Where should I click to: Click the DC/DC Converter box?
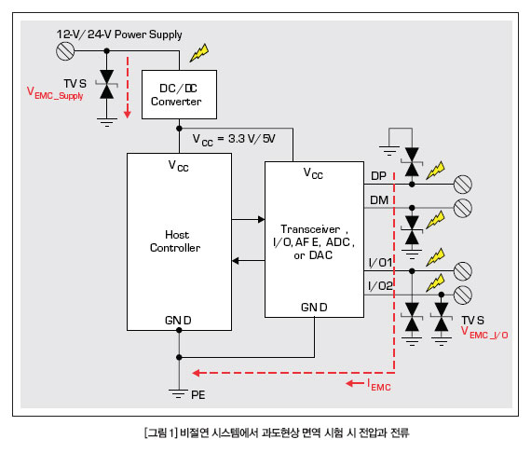[x=179, y=94]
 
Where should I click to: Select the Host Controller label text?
[x=175, y=241]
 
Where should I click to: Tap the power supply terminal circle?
[x=65, y=51]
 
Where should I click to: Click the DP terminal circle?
[x=463, y=185]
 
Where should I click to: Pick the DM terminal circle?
[x=463, y=208]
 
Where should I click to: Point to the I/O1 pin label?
[x=380, y=263]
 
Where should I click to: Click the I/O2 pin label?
[x=380, y=286]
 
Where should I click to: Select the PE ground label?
[x=198, y=395]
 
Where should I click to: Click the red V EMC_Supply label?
[x=55, y=93]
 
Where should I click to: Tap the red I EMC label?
[x=379, y=385]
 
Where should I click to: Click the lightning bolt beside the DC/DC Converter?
[x=199, y=53]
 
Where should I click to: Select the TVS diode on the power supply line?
[x=107, y=85]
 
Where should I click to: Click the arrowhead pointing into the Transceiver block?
[x=262, y=220]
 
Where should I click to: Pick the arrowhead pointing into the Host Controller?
[x=236, y=261]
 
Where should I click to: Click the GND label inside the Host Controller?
[x=178, y=321]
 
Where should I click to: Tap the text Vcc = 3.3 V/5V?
[x=234, y=139]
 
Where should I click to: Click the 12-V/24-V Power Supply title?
[x=119, y=34]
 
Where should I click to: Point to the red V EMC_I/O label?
[x=484, y=332]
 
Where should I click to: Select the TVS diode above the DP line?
[x=412, y=162]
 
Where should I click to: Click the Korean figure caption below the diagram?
[x=277, y=432]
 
